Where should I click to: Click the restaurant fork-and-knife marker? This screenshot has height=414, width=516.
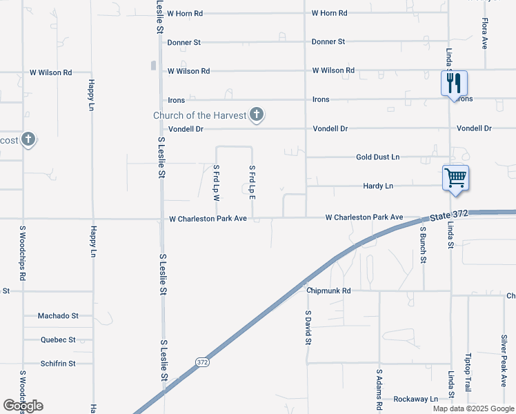454,83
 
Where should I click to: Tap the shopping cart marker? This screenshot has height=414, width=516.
455,177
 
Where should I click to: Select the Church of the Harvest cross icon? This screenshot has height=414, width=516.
257,115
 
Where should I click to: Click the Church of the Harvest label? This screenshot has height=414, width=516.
199,115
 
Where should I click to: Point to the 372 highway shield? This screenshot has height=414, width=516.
201,362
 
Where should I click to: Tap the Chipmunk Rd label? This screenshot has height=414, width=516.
329,290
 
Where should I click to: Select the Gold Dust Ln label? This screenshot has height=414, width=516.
377,157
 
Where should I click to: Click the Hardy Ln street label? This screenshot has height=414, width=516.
378,186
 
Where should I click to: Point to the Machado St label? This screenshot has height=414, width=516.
58,315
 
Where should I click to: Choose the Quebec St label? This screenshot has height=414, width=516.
58,339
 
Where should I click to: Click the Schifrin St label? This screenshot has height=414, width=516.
58,363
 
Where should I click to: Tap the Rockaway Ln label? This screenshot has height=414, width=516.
415,399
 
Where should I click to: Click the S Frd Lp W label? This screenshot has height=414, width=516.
216,183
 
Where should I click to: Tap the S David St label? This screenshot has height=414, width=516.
308,327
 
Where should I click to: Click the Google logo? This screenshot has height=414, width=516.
23,406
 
